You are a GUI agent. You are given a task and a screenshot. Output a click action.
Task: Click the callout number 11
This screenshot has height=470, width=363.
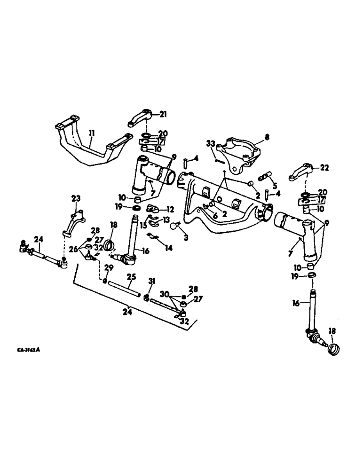point(92,134)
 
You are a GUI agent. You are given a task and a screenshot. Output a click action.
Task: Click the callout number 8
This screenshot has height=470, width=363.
point(267,138)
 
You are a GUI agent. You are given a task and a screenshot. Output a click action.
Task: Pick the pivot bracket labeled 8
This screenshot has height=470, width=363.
point(240,153)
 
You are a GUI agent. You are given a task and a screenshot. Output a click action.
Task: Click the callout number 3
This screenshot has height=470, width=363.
point(186,238)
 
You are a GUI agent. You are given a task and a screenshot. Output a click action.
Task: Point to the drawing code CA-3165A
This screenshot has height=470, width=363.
point(27,350)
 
